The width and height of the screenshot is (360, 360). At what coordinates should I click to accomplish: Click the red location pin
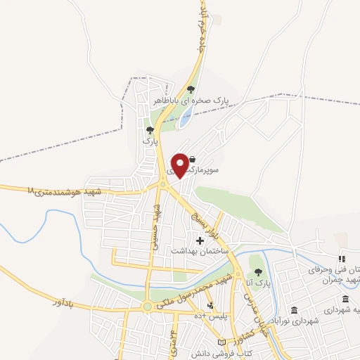(x=180, y=164)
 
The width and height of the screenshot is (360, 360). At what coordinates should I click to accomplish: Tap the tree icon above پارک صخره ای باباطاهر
(x=191, y=89)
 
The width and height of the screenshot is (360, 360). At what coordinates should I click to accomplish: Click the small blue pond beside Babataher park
(x=185, y=117)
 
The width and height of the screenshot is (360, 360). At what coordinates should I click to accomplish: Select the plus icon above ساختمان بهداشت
(x=200, y=240)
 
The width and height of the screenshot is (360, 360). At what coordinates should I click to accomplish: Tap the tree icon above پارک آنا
(x=258, y=272)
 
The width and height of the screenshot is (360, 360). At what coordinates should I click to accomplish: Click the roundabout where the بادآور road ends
(x=148, y=307)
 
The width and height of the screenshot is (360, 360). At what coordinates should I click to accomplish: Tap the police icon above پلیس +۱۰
(x=210, y=306)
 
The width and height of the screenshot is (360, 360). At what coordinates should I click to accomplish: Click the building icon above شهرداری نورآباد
(x=294, y=310)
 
